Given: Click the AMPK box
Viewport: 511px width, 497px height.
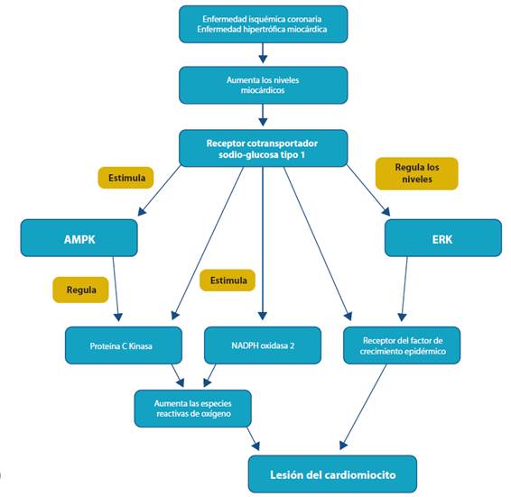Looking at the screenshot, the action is click(79, 238).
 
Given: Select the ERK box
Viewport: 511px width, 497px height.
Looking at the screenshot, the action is click(443, 238).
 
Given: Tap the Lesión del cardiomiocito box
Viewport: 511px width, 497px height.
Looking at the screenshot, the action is click(332, 474).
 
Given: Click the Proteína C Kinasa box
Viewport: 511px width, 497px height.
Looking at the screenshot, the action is click(124, 345).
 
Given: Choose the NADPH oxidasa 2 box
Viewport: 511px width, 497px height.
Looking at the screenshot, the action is click(263, 345).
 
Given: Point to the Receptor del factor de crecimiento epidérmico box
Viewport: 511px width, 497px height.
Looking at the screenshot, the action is click(402, 345).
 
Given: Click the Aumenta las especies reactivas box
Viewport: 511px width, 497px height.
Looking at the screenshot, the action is click(193, 409).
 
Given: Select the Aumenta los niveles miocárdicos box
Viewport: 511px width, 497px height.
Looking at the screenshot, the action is click(264, 86).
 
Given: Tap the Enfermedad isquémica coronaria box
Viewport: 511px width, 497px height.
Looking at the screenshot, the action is click(264, 24).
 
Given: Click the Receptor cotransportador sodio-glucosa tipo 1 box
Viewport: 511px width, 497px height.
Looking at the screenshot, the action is click(264, 148).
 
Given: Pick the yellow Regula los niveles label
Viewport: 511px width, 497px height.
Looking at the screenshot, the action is click(417, 173).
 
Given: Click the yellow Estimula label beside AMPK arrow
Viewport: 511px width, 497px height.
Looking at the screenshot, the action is click(125, 178).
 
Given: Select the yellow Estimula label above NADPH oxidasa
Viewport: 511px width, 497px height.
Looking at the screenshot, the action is click(228, 281).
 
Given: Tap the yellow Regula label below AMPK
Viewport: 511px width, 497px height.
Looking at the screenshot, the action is click(80, 290).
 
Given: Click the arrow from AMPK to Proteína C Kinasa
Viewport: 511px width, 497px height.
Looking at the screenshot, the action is click(116, 289).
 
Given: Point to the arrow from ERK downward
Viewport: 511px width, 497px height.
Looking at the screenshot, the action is click(404, 289).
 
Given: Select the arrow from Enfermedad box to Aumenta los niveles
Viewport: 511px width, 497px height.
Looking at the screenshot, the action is click(263, 52).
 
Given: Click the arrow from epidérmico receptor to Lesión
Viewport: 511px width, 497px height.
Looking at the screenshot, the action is click(363, 407).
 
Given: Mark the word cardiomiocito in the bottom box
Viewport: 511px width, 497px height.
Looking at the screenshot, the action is click(359, 474).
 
